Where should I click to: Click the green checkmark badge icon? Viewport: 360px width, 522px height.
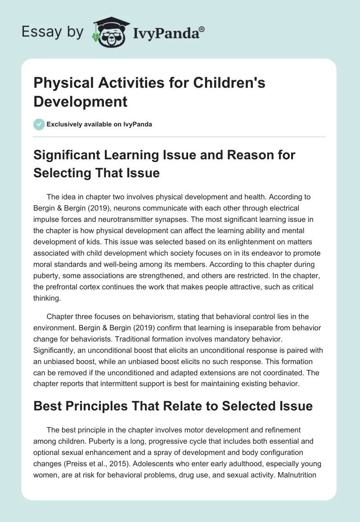point(39,124)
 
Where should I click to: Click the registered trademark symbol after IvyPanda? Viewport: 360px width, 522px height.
point(202,29)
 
